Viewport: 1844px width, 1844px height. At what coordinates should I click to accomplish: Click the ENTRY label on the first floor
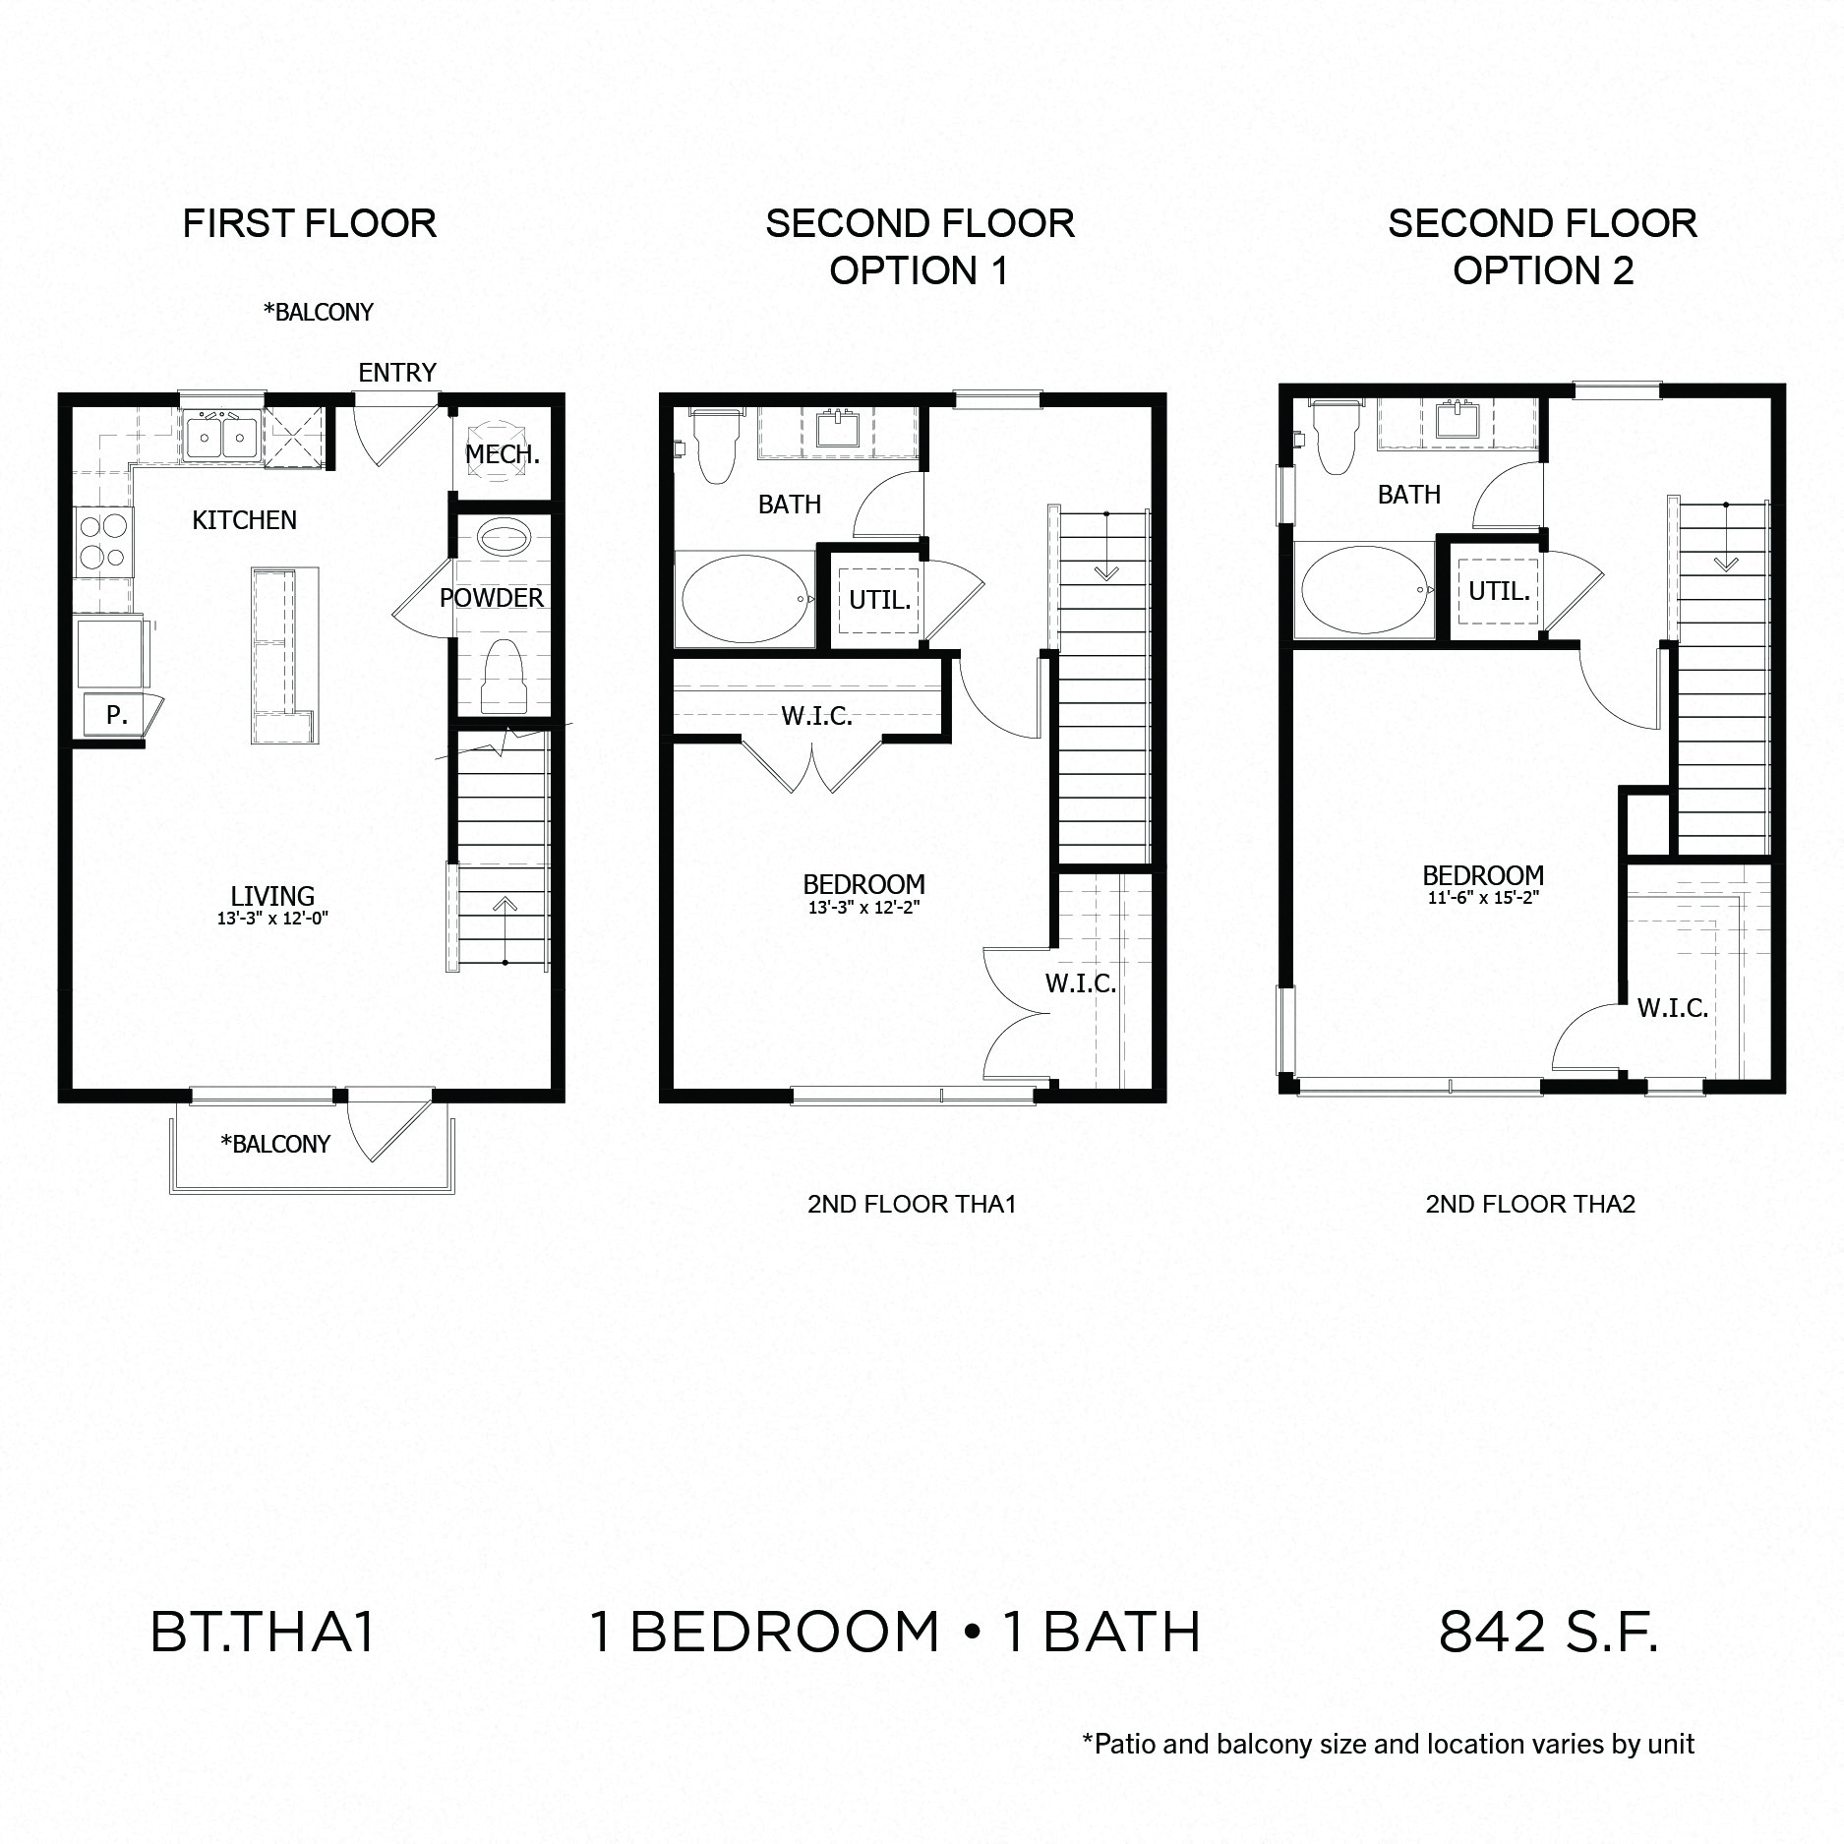point(396,373)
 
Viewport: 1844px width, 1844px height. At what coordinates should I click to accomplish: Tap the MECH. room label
point(502,454)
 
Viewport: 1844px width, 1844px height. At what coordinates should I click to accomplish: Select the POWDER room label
point(491,598)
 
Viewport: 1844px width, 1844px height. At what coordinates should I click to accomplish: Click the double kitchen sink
point(222,434)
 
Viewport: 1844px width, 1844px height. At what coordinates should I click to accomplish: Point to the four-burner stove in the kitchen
point(102,542)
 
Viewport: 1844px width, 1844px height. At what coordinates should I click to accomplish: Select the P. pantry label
point(116,715)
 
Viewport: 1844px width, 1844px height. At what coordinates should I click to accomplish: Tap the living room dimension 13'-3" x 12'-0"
point(272,919)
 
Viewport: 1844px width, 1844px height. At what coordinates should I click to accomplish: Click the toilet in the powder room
point(504,676)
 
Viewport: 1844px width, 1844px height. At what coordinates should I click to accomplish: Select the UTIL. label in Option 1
point(879,600)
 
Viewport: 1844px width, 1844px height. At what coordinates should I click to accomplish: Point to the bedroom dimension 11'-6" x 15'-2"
point(1483,898)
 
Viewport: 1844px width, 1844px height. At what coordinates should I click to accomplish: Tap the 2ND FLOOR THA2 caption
point(1530,1204)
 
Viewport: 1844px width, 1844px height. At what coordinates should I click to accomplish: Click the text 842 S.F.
point(1548,1632)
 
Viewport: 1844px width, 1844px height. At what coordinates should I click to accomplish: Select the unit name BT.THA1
point(263,1632)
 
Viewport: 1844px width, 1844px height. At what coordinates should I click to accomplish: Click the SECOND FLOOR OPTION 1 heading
point(920,247)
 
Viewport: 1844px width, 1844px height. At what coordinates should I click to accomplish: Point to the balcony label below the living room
point(275,1144)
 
